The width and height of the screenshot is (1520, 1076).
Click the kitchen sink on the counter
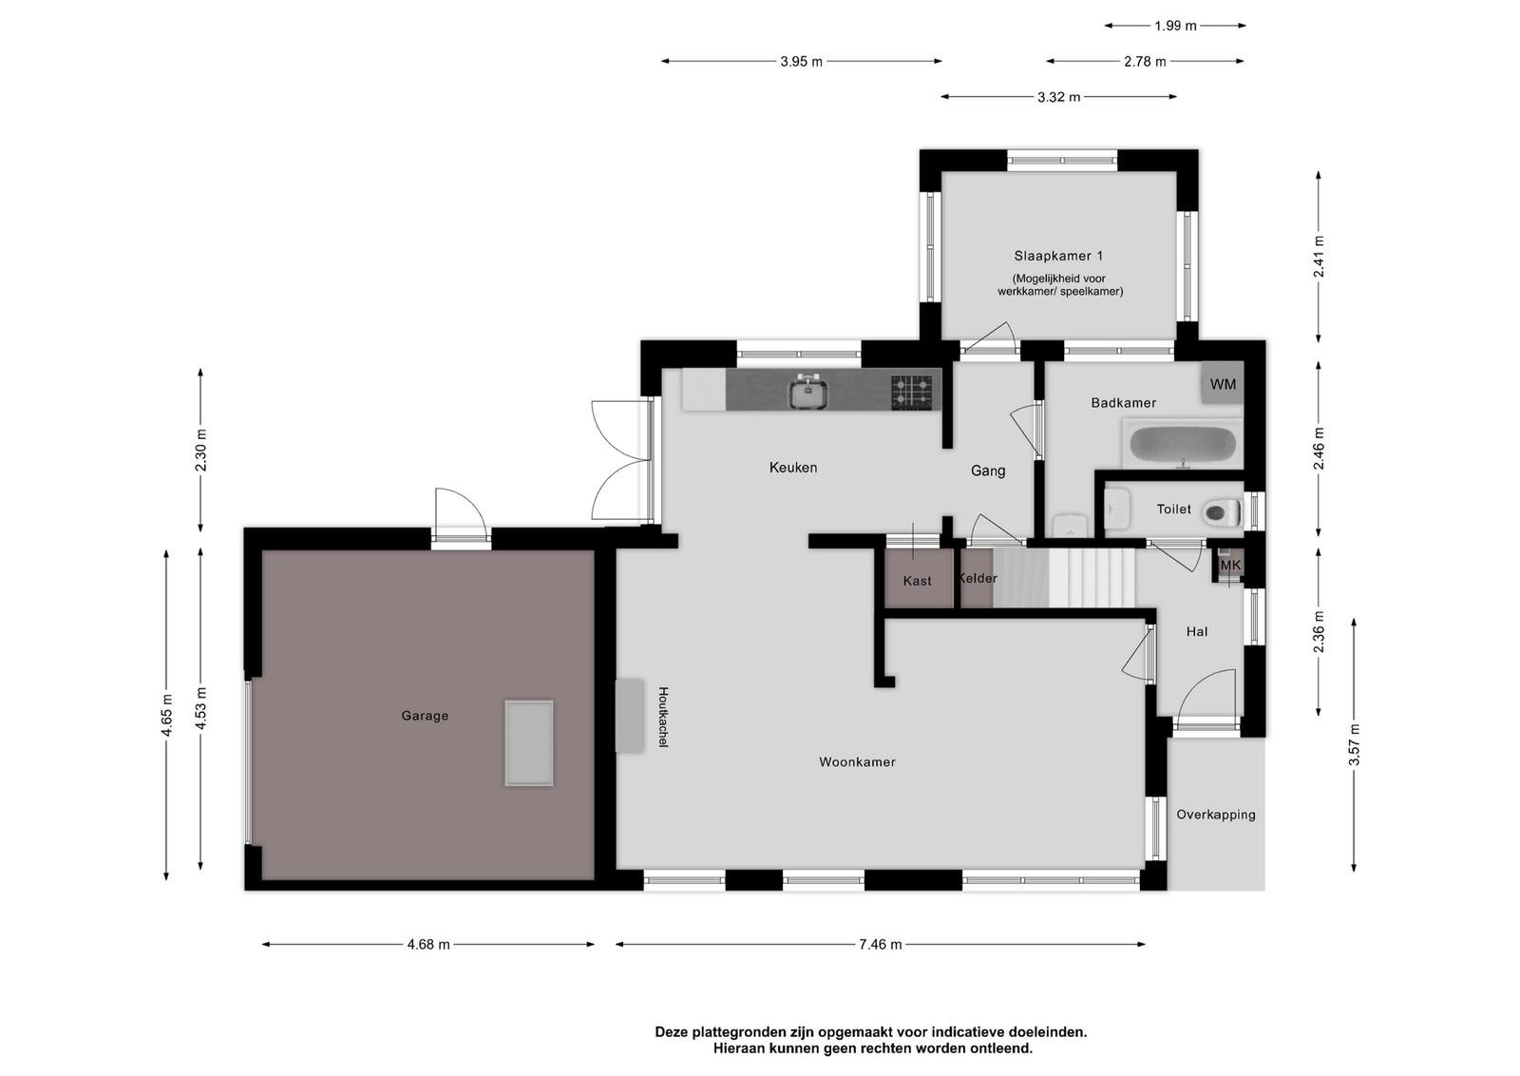pyautogui.click(x=807, y=392)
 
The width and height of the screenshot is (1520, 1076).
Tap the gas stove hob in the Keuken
pyautogui.click(x=911, y=393)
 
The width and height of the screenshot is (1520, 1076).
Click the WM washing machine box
pyautogui.click(x=1223, y=384)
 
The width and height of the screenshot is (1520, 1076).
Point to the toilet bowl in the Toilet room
pyautogui.click(x=1222, y=512)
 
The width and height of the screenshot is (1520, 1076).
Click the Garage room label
pyautogui.click(x=425, y=716)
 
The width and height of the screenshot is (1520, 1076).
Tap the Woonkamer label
pyautogui.click(x=857, y=761)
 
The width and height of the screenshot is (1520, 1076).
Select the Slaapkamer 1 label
pyautogui.click(x=1058, y=256)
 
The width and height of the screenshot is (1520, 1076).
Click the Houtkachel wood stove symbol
pyautogui.click(x=629, y=716)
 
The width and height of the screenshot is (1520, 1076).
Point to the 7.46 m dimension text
pyautogui.click(x=880, y=944)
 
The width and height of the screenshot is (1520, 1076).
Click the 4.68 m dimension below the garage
pyautogui.click(x=428, y=944)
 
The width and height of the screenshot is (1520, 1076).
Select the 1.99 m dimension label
pyautogui.click(x=1175, y=26)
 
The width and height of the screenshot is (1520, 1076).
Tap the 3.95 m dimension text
pyautogui.click(x=801, y=62)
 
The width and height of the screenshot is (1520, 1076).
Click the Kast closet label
pyautogui.click(x=918, y=581)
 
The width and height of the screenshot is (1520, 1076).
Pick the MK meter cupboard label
pyautogui.click(x=1231, y=565)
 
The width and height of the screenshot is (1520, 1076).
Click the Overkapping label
pyautogui.click(x=1216, y=815)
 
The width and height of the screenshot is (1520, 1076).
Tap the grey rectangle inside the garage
pyautogui.click(x=528, y=743)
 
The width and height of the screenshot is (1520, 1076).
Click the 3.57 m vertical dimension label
pyautogui.click(x=1354, y=744)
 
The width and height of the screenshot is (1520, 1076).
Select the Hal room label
pyautogui.click(x=1197, y=631)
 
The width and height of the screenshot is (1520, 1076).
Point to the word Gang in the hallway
pyautogui.click(x=988, y=471)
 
